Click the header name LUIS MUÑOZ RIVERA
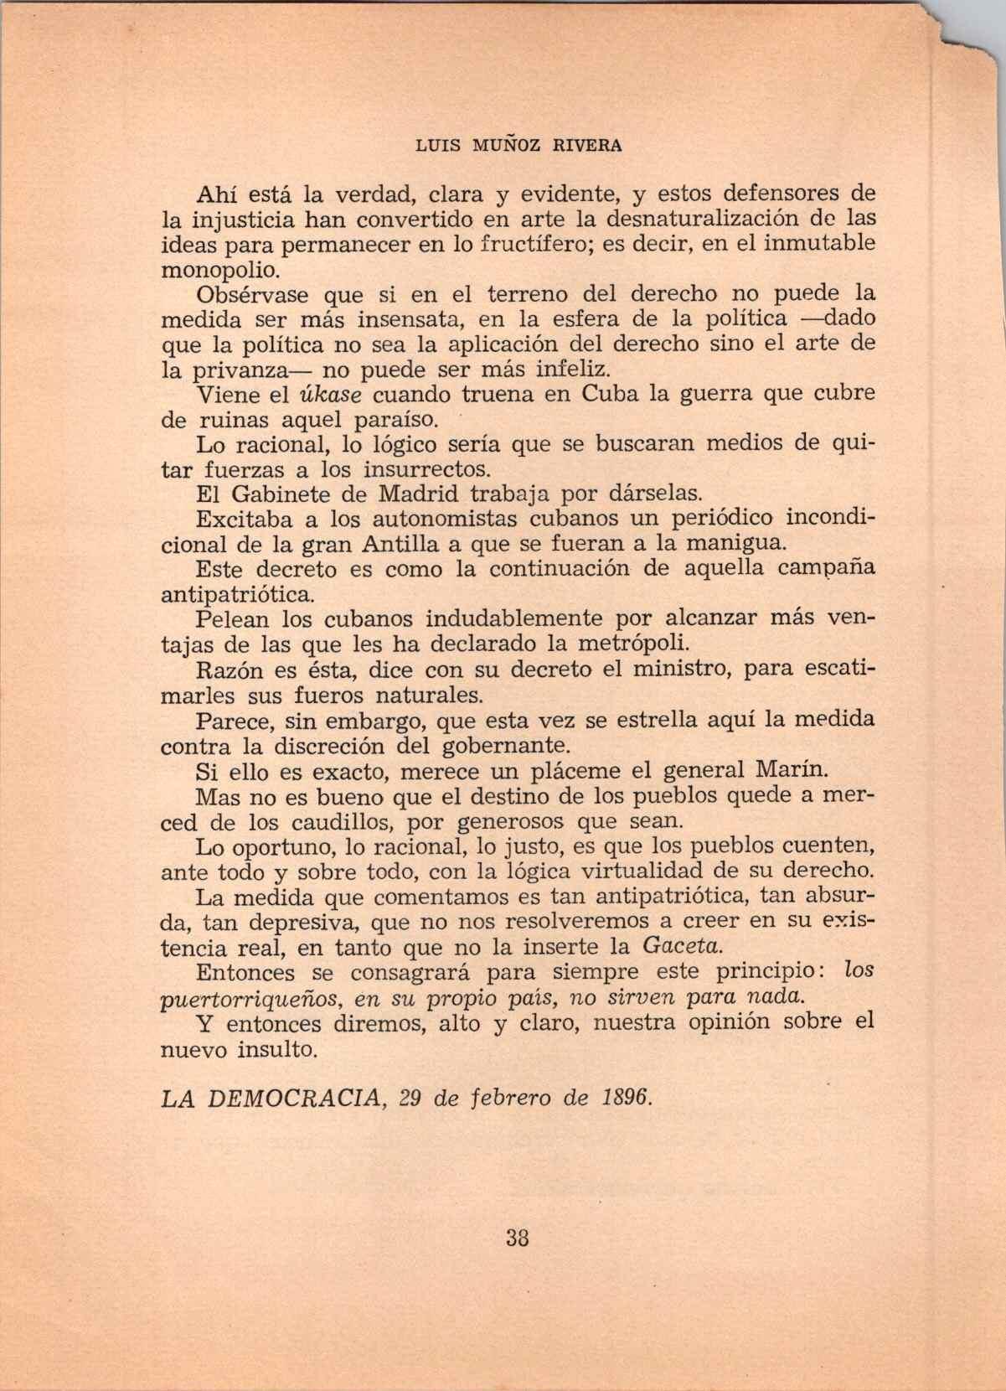(519, 145)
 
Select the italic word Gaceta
(681, 947)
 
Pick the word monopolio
(218, 271)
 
